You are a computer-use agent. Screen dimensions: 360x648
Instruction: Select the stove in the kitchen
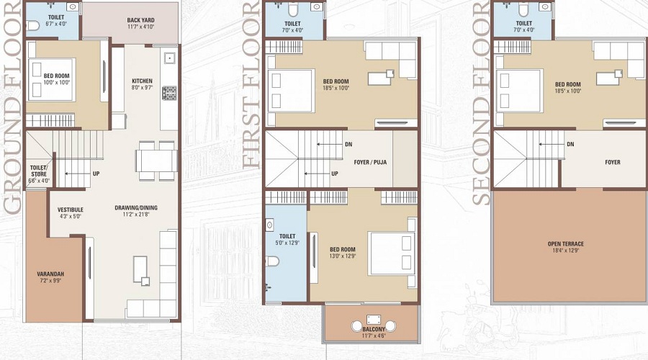pos(169,93)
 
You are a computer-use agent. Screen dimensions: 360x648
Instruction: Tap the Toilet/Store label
pos(39,171)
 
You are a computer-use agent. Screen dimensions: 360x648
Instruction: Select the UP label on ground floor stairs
pos(96,174)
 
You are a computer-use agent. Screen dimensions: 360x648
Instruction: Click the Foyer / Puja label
pos(370,162)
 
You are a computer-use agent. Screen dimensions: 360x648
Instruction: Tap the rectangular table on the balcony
pos(373,319)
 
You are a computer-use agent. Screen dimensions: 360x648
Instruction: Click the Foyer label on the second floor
pos(612,162)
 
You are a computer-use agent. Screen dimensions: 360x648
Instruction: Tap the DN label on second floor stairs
pos(570,144)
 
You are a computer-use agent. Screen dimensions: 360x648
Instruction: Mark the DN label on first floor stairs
pos(348,144)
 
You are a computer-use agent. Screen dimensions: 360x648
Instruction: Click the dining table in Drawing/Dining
pos(156,160)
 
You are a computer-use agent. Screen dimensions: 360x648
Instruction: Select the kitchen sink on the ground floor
pos(169,58)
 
